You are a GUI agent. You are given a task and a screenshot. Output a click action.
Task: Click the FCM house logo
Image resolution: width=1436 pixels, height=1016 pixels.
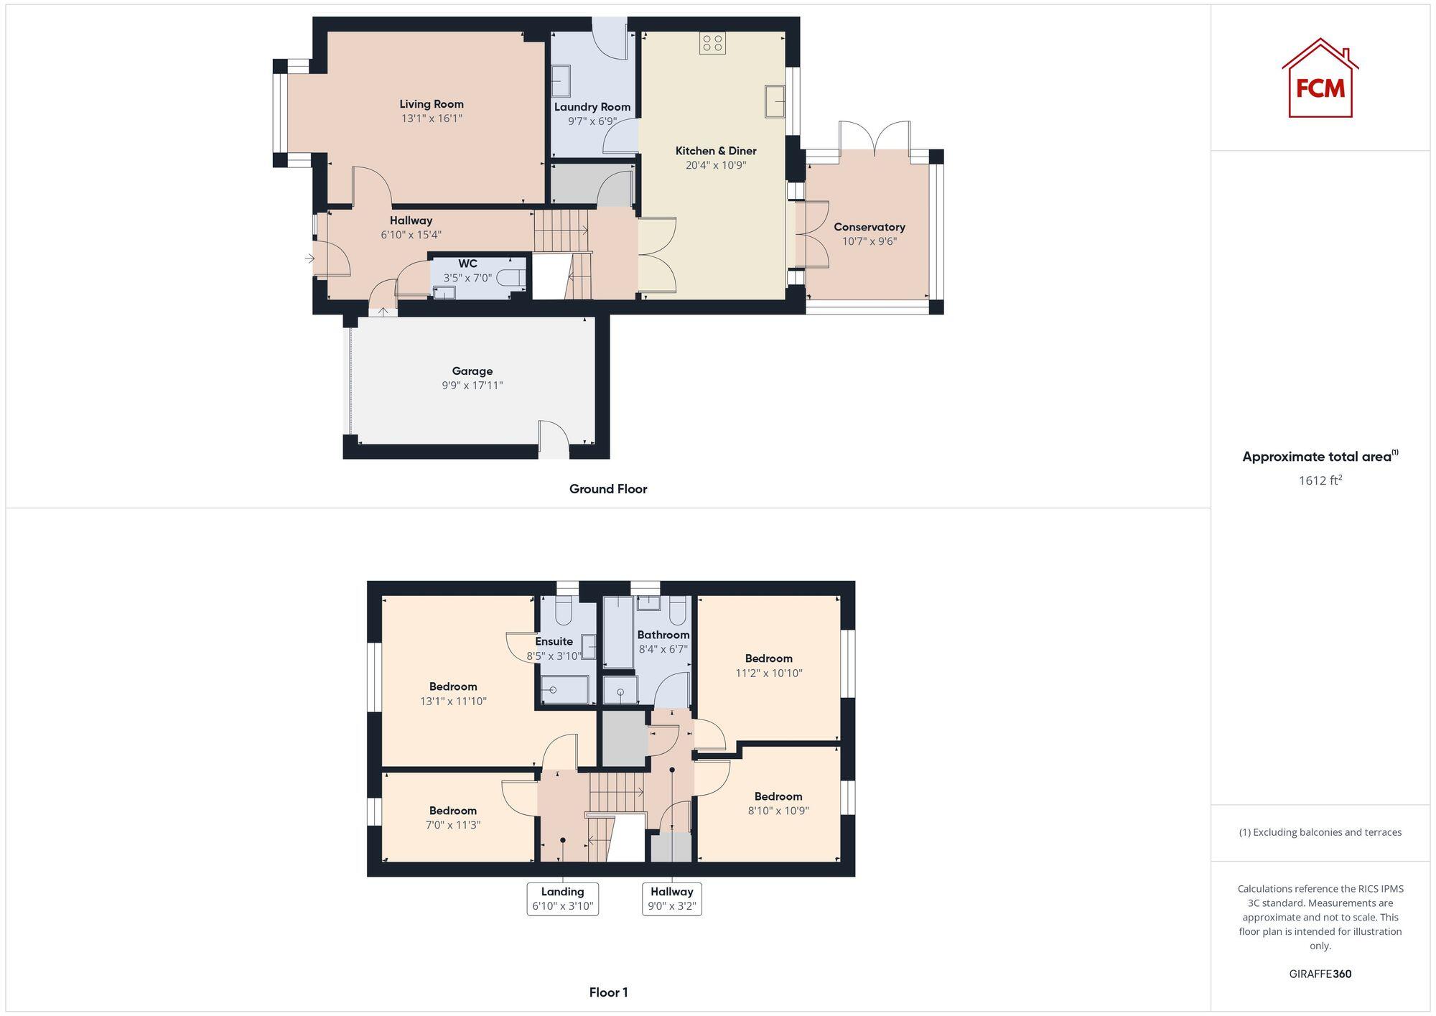(1320, 79)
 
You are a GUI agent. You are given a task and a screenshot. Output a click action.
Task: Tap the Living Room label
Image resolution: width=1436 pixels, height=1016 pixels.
(432, 104)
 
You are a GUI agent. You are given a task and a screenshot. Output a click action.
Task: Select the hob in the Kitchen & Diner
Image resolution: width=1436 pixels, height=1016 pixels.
(712, 43)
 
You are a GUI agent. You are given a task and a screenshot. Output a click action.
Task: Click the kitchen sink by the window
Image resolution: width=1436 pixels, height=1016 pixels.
(774, 101)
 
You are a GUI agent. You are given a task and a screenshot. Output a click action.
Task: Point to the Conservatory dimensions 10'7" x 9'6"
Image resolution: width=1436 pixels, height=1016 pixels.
(869, 241)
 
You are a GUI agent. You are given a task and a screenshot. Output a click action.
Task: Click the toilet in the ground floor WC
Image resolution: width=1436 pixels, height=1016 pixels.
(512, 277)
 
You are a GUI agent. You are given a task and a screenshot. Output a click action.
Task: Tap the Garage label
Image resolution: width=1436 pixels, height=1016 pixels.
(472, 371)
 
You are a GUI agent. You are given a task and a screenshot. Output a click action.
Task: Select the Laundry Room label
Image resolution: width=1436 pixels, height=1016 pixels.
(592, 107)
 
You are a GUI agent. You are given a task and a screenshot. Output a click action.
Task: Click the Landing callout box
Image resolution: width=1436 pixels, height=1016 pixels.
(562, 898)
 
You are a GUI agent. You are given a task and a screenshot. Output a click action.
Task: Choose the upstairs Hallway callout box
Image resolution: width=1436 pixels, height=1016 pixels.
(671, 898)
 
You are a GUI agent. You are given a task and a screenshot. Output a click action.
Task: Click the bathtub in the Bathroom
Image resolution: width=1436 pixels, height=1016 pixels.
(617, 633)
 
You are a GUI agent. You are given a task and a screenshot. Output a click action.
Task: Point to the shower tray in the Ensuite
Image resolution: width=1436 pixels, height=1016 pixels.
(564, 690)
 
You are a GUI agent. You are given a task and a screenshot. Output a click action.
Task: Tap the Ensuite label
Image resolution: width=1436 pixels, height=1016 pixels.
(554, 641)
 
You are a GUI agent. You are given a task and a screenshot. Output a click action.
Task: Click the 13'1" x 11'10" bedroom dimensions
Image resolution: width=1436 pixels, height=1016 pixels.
(453, 701)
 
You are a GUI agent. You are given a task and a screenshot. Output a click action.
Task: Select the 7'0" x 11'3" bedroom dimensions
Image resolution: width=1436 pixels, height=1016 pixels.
(453, 825)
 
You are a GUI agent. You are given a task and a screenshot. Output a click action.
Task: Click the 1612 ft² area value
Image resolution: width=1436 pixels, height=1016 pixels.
(1320, 480)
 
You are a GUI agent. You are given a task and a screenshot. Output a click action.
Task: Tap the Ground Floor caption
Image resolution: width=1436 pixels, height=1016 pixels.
(608, 489)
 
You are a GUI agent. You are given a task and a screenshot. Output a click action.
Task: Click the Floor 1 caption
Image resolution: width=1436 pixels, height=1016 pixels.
(608, 992)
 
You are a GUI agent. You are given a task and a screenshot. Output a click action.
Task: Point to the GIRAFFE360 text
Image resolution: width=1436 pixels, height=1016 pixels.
(1320, 974)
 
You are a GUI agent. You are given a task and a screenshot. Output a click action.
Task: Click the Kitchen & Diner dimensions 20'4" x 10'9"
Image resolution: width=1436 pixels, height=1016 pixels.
(716, 165)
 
